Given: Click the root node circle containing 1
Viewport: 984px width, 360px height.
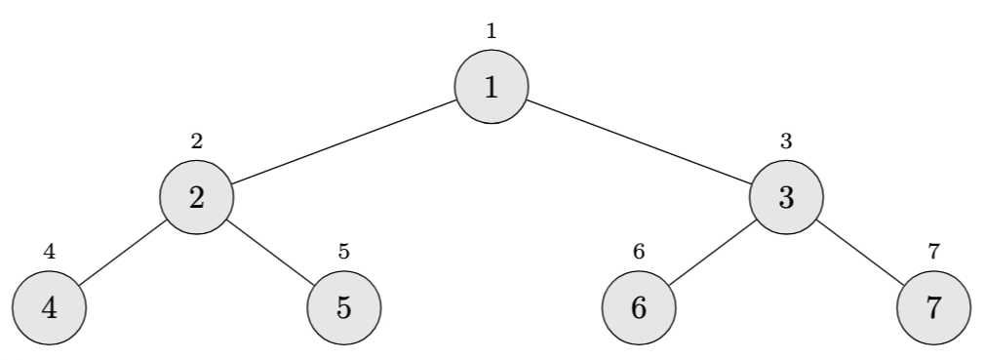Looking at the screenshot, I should (x=492, y=87).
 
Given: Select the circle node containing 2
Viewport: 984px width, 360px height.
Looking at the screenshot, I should (x=197, y=197).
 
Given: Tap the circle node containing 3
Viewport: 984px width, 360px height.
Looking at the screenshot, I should (x=786, y=197).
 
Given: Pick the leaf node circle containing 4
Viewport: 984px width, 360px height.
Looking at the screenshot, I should (x=49, y=307).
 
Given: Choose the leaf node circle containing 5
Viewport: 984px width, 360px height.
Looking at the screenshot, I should (x=344, y=307).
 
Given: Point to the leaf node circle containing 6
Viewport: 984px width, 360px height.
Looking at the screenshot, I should (x=639, y=307).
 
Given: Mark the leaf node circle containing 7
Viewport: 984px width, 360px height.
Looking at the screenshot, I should (x=933, y=307).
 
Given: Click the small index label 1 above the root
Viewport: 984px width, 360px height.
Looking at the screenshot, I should (x=492, y=30).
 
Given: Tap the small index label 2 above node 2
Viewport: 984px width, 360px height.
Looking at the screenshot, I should (x=197, y=140).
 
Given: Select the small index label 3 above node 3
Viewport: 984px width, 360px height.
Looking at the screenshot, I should (x=786, y=140).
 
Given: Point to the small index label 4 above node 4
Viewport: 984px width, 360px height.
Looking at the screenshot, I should (x=49, y=251).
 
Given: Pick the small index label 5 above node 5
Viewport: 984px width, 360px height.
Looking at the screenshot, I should (x=344, y=251).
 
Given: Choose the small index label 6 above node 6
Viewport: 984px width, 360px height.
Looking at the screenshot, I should (x=639, y=251).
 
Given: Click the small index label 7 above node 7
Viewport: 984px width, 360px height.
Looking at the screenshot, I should (x=933, y=251).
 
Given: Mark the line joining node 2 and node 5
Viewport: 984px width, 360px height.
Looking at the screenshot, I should (x=271, y=252).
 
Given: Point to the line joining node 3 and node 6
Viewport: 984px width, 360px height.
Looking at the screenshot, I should (x=712, y=252).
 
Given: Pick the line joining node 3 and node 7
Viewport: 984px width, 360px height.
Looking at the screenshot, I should (x=860, y=252).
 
